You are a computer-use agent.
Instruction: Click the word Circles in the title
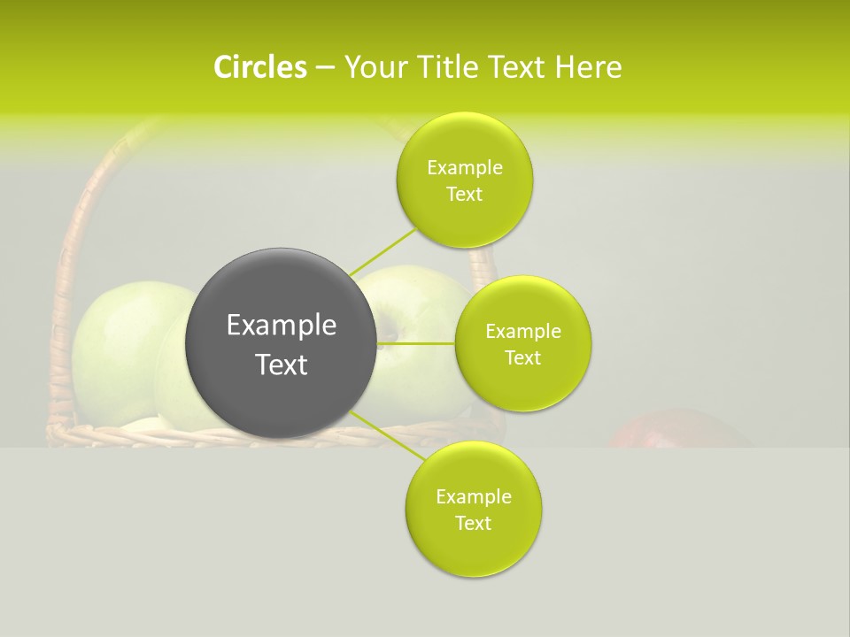(x=259, y=67)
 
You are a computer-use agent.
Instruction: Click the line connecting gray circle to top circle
(x=382, y=250)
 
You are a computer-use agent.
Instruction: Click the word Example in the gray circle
(x=282, y=326)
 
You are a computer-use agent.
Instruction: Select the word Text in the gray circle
(x=282, y=365)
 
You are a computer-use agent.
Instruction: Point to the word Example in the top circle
(x=465, y=168)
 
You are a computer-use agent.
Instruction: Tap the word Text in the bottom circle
(x=474, y=523)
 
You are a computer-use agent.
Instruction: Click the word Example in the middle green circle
(x=523, y=332)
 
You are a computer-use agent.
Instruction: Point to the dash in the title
(x=324, y=67)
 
